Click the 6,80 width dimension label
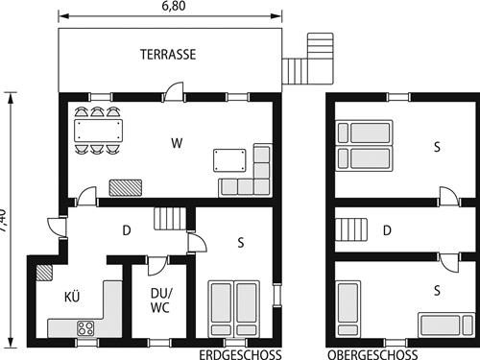173,7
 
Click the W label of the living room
177,144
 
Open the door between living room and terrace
173,92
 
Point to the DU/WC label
160,300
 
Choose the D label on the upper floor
386,230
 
